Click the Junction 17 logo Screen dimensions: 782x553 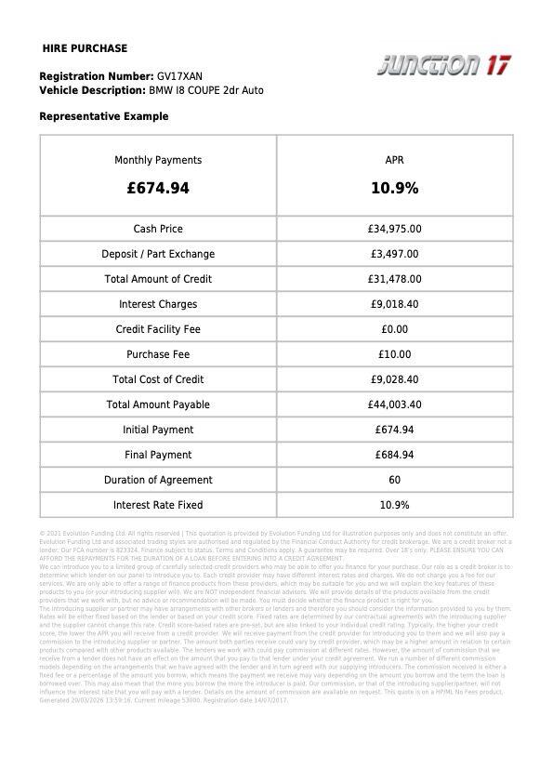(x=444, y=65)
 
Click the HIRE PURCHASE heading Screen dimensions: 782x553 (x=86, y=48)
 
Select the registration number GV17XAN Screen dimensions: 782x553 (x=179, y=76)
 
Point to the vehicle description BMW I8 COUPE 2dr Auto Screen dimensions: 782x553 (x=205, y=90)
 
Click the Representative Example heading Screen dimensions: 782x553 (x=104, y=116)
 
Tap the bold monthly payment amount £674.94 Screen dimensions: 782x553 (x=158, y=188)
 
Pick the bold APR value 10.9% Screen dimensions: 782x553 (x=394, y=188)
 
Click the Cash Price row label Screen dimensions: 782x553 (x=158, y=229)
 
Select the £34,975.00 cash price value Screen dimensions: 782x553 (x=394, y=229)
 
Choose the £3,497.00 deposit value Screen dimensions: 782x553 (x=394, y=254)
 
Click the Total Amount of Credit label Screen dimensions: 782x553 (x=158, y=279)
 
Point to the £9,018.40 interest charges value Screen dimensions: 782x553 (x=394, y=304)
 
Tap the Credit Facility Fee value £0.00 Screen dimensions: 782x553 (x=394, y=329)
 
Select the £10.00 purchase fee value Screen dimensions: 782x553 (x=394, y=354)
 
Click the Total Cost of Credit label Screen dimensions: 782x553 (x=158, y=379)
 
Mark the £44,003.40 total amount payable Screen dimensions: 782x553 (x=394, y=404)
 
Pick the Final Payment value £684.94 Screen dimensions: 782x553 (x=394, y=455)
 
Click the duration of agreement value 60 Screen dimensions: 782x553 (x=394, y=480)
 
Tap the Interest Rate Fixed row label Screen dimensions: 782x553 (x=158, y=505)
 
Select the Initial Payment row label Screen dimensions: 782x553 (x=158, y=430)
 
